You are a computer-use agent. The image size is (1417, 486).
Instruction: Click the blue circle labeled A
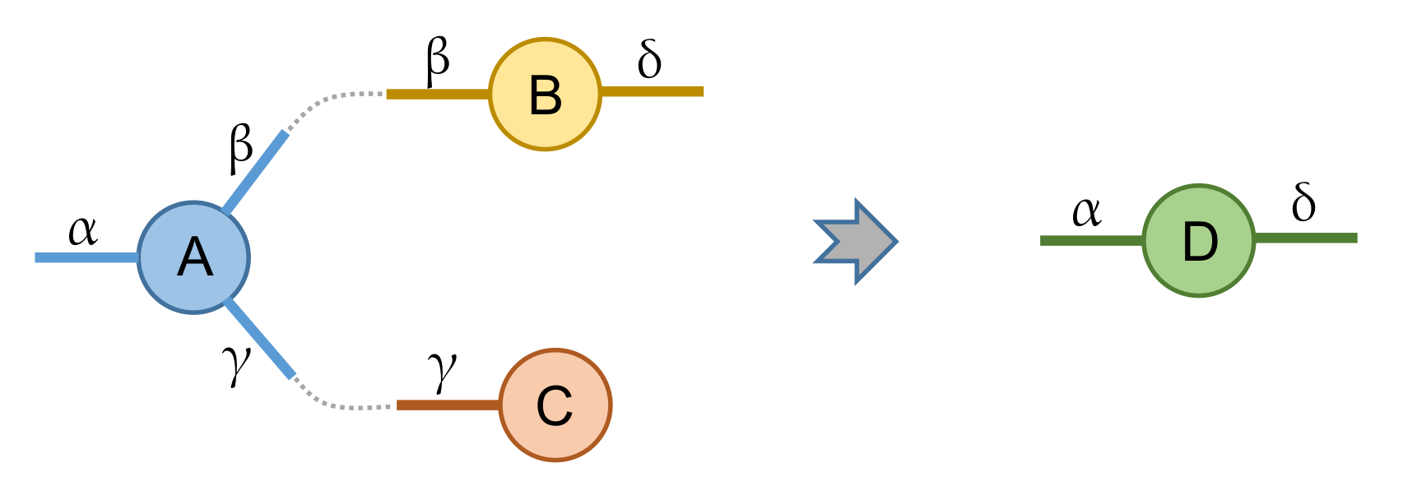(x=193, y=257)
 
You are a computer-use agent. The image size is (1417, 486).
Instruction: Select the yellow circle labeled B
(x=545, y=94)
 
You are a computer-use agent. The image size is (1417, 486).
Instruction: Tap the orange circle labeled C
(x=555, y=405)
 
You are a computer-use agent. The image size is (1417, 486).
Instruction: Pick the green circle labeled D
(x=1199, y=241)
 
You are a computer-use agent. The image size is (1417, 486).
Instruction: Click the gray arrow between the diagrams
(x=856, y=241)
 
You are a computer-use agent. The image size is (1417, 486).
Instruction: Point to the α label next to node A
(x=82, y=230)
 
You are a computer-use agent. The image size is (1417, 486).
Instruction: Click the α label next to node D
(x=1086, y=212)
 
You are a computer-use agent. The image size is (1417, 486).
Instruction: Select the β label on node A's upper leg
(x=240, y=148)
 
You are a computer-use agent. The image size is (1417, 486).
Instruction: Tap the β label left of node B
(x=438, y=59)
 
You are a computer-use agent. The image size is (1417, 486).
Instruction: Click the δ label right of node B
(x=649, y=59)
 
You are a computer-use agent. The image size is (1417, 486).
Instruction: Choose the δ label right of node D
(x=1303, y=202)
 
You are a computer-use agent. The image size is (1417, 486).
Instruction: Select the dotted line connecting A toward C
(x=337, y=404)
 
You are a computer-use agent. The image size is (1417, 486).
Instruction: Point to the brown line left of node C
(x=448, y=405)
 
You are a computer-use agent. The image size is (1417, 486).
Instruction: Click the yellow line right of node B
(x=652, y=91)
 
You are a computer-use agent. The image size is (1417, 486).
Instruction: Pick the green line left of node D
(x=1091, y=240)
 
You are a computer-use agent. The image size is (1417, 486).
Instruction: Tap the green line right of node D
(x=1306, y=238)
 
